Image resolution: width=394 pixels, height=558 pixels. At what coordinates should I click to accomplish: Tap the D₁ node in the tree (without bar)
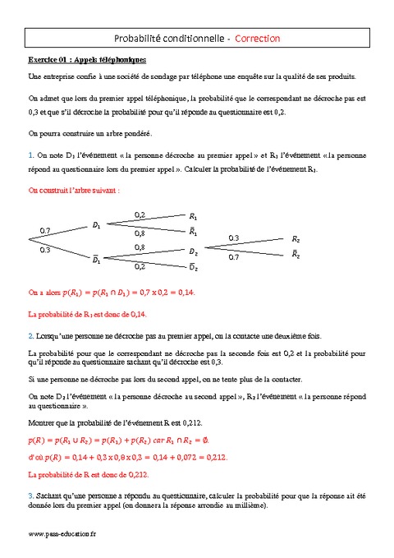[x=96, y=224]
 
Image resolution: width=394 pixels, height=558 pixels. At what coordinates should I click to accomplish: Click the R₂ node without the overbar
[x=296, y=239]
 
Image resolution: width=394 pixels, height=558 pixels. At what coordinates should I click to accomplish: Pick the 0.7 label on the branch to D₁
[x=45, y=230]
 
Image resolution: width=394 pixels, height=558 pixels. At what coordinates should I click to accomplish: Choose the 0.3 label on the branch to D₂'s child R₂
[x=234, y=238]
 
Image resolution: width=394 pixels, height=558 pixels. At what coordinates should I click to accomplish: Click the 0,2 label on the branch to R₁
[x=140, y=214]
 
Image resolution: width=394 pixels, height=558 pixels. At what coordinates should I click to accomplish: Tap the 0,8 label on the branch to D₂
[x=140, y=247]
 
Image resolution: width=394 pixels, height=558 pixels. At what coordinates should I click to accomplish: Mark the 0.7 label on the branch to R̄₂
[x=234, y=257]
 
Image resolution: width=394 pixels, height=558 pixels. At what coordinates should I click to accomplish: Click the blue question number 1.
[x=30, y=154]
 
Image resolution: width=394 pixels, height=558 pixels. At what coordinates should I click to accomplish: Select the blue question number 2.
[x=30, y=335]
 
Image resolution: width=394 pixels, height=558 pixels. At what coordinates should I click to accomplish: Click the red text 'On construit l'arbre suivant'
[x=75, y=189]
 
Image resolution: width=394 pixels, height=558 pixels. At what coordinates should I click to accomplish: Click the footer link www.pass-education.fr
[x=62, y=533]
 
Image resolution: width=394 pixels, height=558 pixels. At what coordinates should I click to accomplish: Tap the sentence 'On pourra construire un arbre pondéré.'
[x=89, y=132]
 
